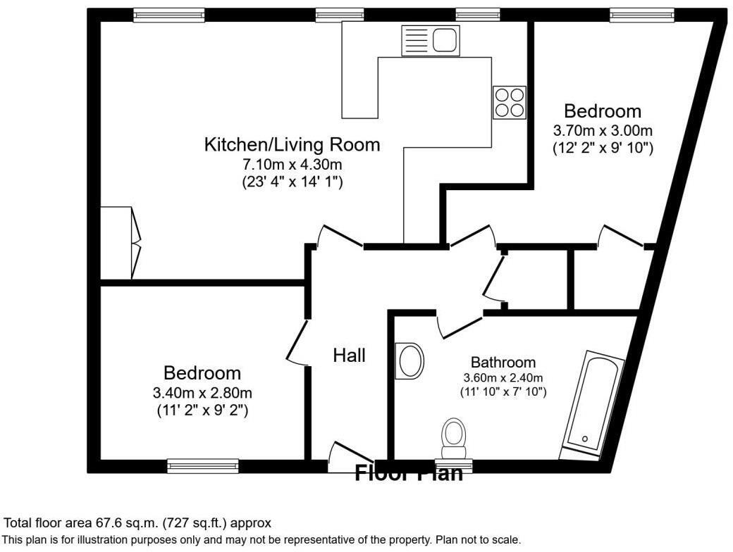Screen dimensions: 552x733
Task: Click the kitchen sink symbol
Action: (429, 40)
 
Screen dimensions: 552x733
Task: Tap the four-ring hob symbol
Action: (509, 102)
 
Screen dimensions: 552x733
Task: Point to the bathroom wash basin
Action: (410, 360)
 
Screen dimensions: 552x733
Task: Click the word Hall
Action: (349, 356)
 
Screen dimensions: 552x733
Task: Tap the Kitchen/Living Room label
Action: (292, 145)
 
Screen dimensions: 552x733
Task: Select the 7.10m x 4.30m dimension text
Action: (292, 165)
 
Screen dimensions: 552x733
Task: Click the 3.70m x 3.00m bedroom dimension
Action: (603, 131)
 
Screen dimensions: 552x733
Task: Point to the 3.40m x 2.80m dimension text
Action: (202, 392)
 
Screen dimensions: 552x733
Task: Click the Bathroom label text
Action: (503, 363)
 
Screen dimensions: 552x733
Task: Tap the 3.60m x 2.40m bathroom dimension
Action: (503, 377)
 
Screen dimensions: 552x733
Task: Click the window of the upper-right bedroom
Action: (642, 14)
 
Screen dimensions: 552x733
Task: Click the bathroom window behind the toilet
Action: (453, 465)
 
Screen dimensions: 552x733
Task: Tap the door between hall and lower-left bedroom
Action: (298, 343)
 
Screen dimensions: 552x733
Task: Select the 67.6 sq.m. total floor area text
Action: (137, 523)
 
